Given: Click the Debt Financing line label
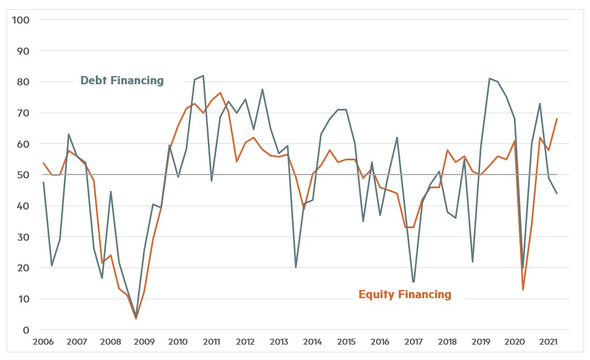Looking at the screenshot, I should point(122,80).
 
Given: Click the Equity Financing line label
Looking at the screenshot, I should point(404,294).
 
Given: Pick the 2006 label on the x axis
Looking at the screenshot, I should point(43,342).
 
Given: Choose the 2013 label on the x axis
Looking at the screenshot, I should point(279,342).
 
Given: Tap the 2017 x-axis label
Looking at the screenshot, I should point(413,342).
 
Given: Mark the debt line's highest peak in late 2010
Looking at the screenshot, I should point(203,76).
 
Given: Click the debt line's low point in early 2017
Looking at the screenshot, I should point(413,282).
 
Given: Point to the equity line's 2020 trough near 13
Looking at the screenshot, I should point(523,289).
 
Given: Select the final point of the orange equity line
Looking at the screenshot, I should point(557,119).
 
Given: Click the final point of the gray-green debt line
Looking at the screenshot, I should point(557,193).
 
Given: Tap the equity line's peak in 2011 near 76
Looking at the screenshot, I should point(220,92).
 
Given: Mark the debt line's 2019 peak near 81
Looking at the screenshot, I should point(489,78).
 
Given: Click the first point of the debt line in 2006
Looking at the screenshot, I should point(43,182).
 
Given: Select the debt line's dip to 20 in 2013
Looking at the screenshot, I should point(296,268).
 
